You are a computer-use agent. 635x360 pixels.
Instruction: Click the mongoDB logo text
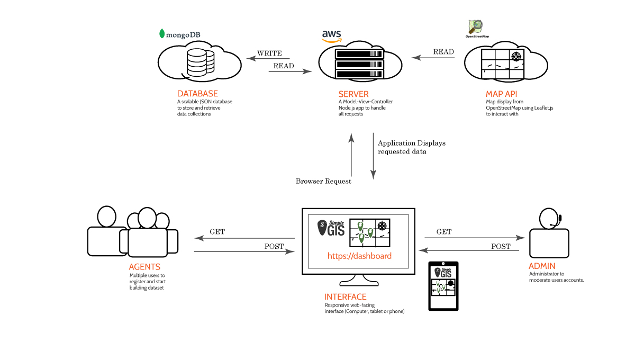pyautogui.click(x=183, y=35)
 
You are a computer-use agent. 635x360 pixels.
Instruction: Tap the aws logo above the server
pyautogui.click(x=332, y=36)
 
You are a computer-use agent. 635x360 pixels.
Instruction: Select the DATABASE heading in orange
pyautogui.click(x=197, y=94)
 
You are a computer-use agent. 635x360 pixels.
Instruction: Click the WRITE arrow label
pyautogui.click(x=269, y=53)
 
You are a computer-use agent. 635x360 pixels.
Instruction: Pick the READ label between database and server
pyautogui.click(x=284, y=66)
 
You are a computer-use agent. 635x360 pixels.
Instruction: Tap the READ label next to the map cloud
pyautogui.click(x=443, y=52)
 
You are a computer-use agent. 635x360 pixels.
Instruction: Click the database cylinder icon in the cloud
pyautogui.click(x=201, y=62)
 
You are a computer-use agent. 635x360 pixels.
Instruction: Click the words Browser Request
pyautogui.click(x=323, y=181)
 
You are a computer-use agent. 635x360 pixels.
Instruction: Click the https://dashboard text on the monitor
pyautogui.click(x=359, y=256)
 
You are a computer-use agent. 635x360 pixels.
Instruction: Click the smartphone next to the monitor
pyautogui.click(x=443, y=286)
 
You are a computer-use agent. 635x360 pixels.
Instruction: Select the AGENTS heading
pyautogui.click(x=144, y=267)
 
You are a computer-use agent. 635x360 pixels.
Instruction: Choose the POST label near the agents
pyautogui.click(x=274, y=247)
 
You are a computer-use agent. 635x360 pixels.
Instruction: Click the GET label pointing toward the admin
pyautogui.click(x=444, y=232)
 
